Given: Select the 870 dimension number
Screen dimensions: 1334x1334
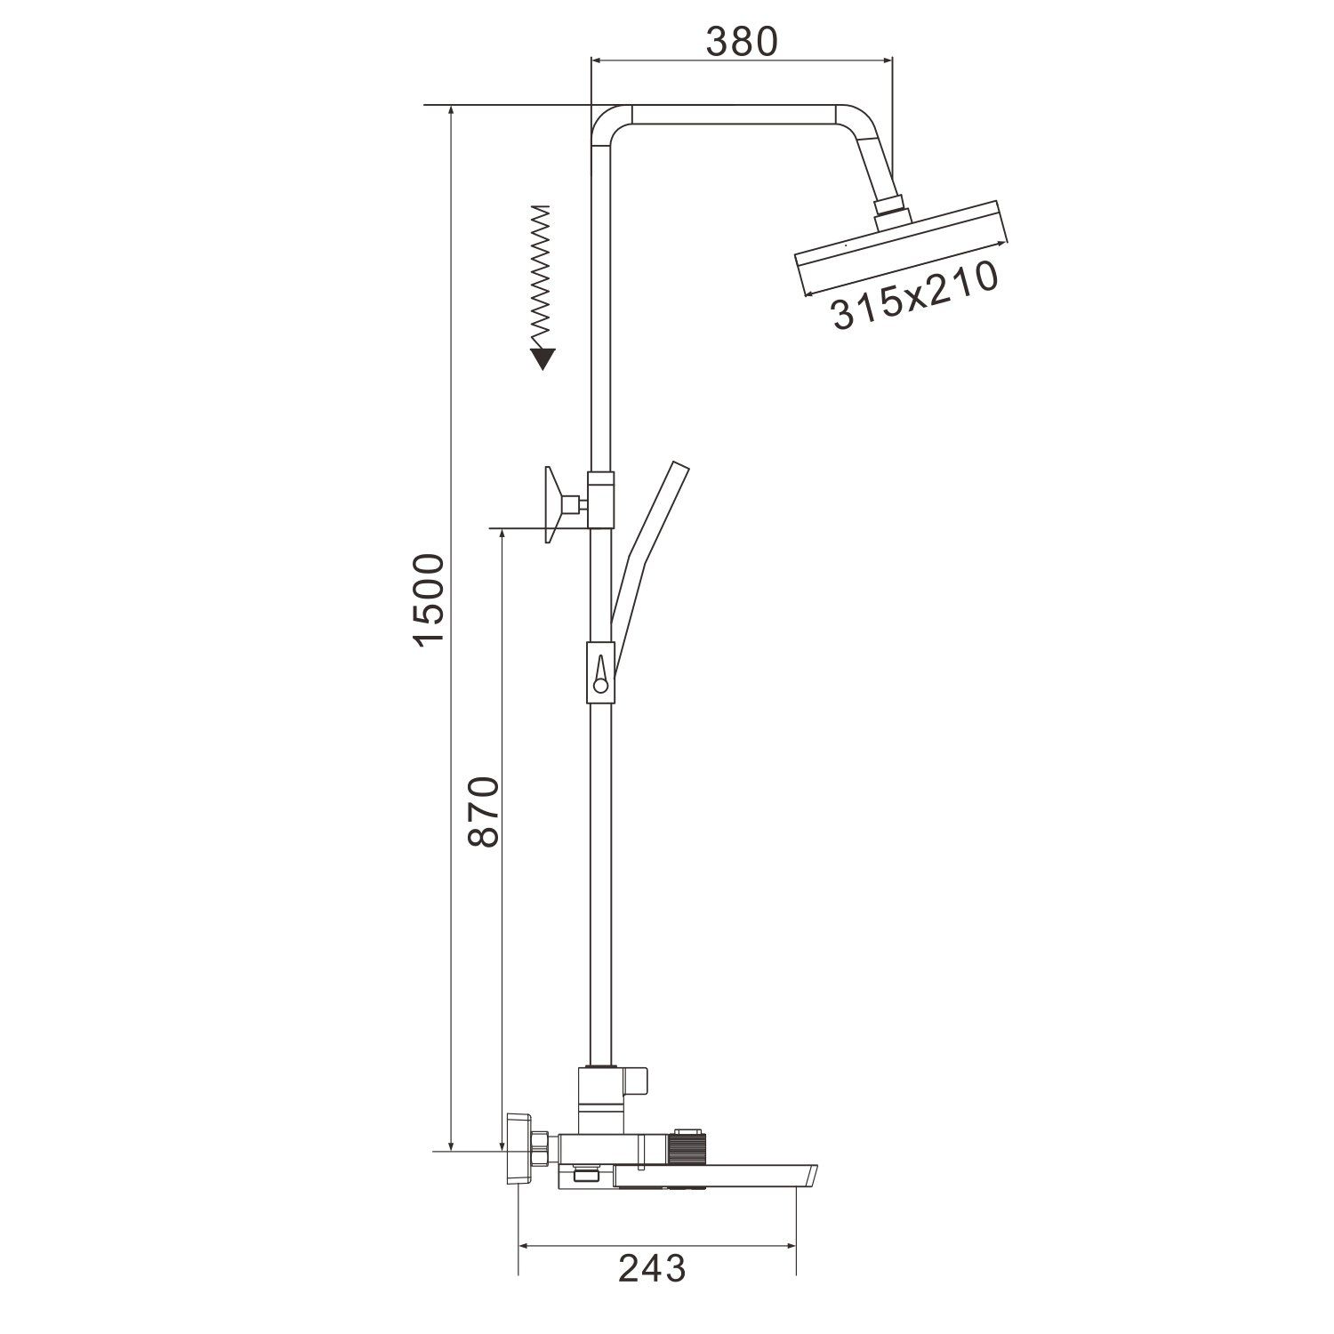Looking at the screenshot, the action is [x=485, y=811].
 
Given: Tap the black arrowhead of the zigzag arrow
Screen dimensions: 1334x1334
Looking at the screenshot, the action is [x=542, y=358].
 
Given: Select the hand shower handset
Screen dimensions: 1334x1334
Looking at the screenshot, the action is [x=649, y=560].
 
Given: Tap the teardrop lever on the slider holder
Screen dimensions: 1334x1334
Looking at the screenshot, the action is [x=600, y=673].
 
